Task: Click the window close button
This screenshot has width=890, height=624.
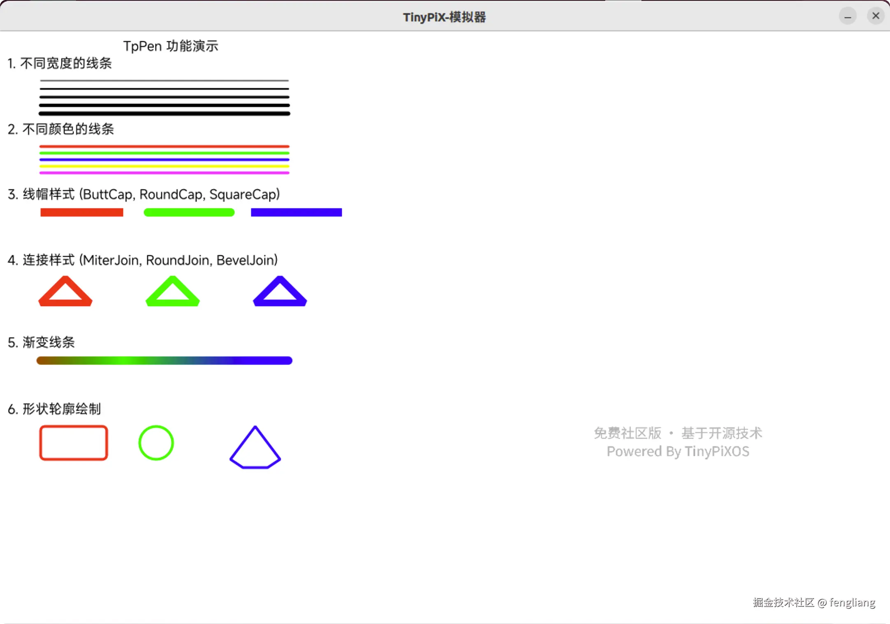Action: [876, 16]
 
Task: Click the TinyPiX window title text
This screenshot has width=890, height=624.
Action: [444, 17]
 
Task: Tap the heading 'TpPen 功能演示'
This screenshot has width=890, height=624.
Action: [171, 46]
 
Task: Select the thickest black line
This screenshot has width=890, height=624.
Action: [165, 114]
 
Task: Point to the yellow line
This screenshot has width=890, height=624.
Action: [165, 166]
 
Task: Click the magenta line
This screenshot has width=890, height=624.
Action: [165, 173]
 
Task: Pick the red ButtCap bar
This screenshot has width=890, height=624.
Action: [82, 212]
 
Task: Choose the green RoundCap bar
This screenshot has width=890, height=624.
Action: [189, 212]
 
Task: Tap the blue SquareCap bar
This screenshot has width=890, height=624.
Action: [296, 212]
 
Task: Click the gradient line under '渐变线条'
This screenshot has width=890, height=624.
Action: [165, 361]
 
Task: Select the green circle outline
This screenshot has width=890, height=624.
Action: [139, 443]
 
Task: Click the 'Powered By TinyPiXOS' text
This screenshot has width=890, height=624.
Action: [678, 452]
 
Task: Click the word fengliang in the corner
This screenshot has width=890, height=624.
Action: [852, 603]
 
